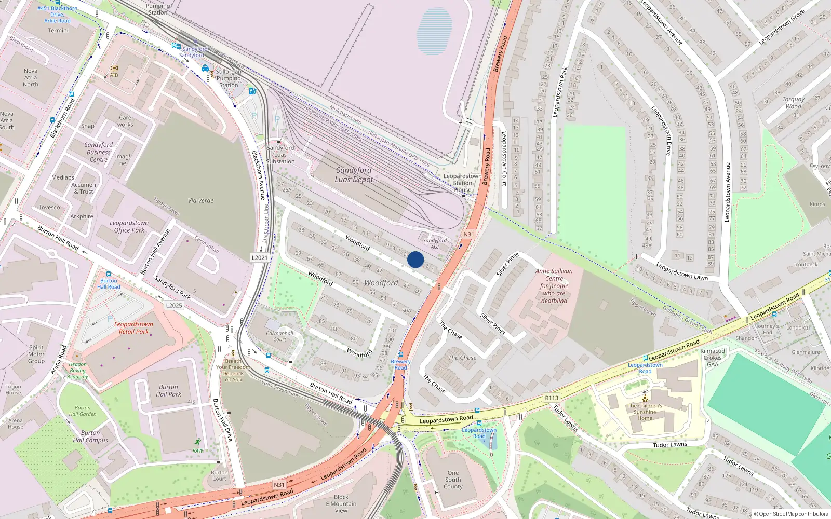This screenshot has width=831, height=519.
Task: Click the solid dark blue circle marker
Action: [415, 259]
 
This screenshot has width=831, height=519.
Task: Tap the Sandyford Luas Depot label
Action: [354, 175]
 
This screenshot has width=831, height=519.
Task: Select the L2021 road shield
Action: [260, 257]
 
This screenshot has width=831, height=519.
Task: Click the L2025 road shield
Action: [174, 305]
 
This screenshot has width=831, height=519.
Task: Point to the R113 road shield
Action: [552, 398]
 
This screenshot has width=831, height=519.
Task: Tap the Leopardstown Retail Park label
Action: [133, 328]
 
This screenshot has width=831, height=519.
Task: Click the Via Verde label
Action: [200, 201]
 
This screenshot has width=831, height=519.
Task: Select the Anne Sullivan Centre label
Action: [554, 285]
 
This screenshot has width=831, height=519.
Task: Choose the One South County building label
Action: [453, 480]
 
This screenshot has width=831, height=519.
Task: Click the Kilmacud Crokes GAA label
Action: [713, 358]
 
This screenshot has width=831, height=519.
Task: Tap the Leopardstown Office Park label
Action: [129, 227]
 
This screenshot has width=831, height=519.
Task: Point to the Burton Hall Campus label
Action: [90, 436]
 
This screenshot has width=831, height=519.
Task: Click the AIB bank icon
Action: [114, 68]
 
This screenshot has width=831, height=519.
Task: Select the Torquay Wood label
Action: [793, 103]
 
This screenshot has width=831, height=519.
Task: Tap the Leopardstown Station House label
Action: [462, 183]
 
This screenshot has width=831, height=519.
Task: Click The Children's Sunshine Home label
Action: [645, 412]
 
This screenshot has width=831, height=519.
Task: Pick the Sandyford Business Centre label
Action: [99, 152]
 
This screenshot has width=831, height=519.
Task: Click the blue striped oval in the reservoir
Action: [434, 31]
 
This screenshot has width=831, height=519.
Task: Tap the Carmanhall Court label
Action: [279, 336]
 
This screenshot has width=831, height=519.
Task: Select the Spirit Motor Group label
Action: [36, 354]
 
